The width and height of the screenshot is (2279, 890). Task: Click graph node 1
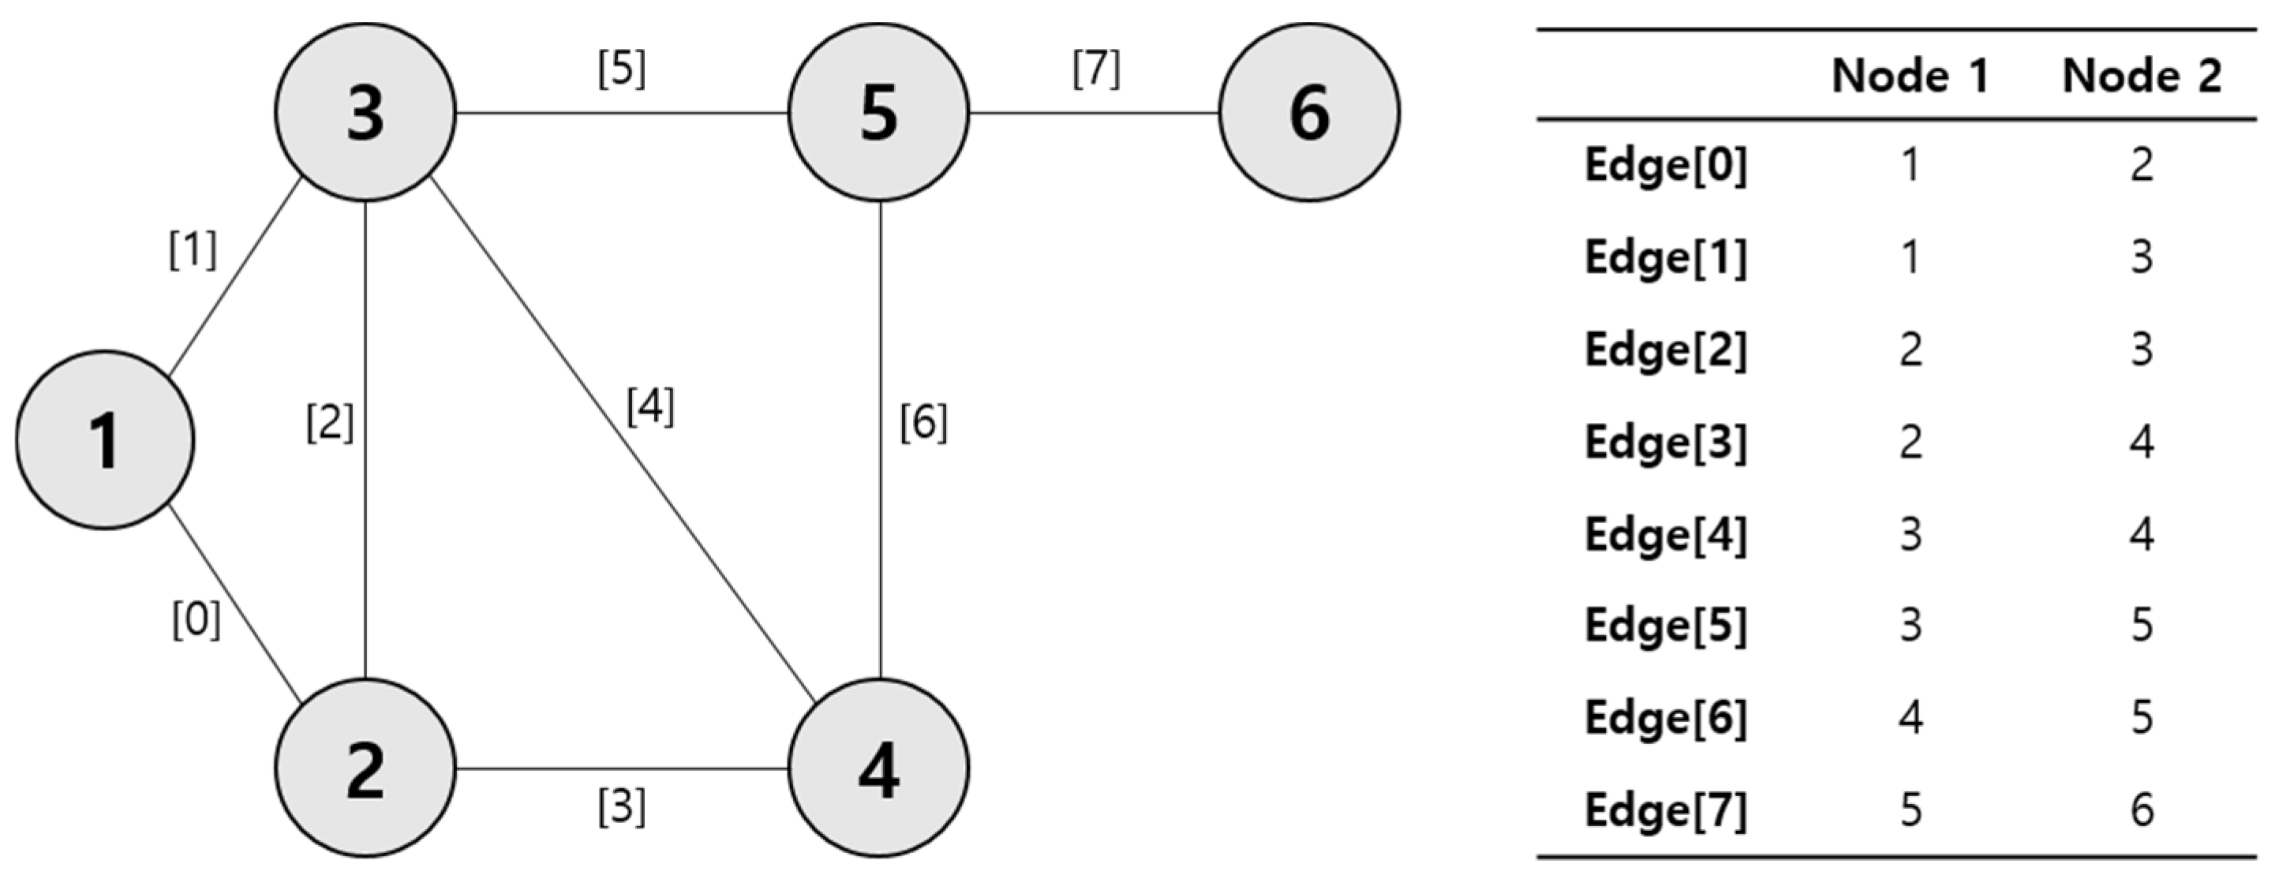pyautogui.click(x=104, y=439)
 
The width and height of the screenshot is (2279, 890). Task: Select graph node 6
pyautogui.click(x=1308, y=112)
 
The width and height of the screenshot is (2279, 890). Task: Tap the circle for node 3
pyautogui.click(x=365, y=112)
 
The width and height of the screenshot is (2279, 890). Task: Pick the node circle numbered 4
pyautogui.click(x=878, y=768)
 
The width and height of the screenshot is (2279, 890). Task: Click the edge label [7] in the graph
pyautogui.click(x=1096, y=69)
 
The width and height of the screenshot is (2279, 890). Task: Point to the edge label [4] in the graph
pyautogui.click(x=650, y=407)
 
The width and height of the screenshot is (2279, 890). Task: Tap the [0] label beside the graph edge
pyautogui.click(x=196, y=619)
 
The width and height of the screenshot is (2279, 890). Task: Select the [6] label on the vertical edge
pyautogui.click(x=922, y=422)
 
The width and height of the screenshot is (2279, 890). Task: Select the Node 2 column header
pyautogui.click(x=2141, y=76)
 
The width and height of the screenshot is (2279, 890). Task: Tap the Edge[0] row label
pyautogui.click(x=1665, y=166)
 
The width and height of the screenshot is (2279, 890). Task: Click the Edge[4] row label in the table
pyautogui.click(x=1665, y=534)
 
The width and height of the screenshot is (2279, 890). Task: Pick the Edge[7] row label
pyautogui.click(x=1665, y=810)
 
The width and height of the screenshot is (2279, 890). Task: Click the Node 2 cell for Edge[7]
pyautogui.click(x=2141, y=810)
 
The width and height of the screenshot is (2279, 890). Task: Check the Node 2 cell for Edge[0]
pyautogui.click(x=2141, y=166)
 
